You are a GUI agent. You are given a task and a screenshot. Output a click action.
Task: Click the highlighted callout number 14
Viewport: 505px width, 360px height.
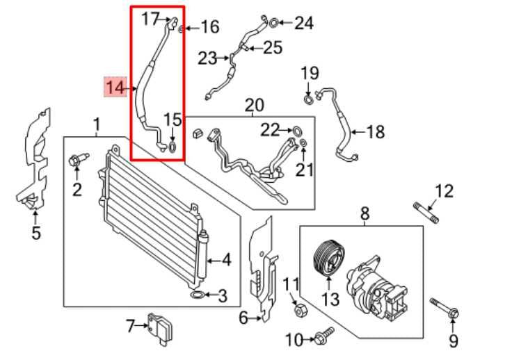pyautogui.click(x=115, y=87)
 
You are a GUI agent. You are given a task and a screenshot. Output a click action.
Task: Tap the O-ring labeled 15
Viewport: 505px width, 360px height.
pyautogui.click(x=173, y=146)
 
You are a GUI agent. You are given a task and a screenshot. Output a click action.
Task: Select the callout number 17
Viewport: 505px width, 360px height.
pyautogui.click(x=150, y=19)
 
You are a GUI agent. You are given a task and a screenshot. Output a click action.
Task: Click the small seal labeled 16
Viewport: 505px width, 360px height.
pyautogui.click(x=181, y=28)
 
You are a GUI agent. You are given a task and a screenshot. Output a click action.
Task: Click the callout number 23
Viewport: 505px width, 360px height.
pyautogui.click(x=207, y=58)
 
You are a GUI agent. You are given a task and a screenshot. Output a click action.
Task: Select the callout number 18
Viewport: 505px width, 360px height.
pyautogui.click(x=375, y=131)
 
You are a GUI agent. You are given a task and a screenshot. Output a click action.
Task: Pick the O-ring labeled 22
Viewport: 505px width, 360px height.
pyautogui.click(x=297, y=129)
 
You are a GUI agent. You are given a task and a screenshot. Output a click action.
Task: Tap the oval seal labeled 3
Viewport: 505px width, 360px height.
pyautogui.click(x=198, y=296)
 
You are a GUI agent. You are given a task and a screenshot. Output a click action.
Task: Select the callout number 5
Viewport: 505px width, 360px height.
pyautogui.click(x=36, y=233)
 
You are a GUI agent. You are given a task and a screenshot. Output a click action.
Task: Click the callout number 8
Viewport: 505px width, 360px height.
pyautogui.click(x=364, y=214)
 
